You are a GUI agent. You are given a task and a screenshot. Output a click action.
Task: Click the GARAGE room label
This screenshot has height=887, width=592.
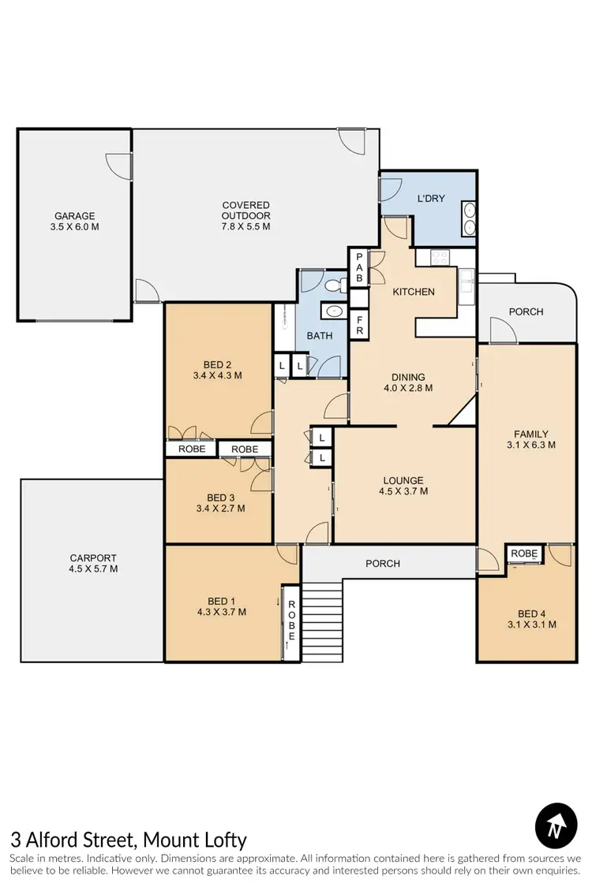point(74,215)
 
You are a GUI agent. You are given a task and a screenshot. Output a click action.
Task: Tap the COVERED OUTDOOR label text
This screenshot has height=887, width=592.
point(246,205)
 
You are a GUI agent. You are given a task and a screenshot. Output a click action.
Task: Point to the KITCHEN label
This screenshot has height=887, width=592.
point(414,292)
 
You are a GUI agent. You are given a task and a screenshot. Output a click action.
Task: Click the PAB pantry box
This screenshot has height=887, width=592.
point(358,266)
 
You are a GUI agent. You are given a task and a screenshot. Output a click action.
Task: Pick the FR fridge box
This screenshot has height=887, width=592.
point(358,325)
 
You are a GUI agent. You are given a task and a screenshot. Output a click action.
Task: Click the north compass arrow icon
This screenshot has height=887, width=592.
point(556,826)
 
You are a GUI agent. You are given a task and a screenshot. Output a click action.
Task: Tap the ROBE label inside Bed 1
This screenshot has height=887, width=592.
point(291,620)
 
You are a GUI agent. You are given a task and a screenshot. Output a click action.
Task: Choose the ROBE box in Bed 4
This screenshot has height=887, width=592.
point(523,553)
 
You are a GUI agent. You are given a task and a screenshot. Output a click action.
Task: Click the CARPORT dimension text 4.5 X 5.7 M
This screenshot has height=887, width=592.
point(93,568)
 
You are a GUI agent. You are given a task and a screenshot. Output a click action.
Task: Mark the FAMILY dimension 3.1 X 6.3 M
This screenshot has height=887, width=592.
point(530,445)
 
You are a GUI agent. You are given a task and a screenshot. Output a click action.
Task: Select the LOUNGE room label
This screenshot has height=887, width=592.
point(403,480)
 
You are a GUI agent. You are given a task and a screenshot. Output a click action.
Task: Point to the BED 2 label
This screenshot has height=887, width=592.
point(217,364)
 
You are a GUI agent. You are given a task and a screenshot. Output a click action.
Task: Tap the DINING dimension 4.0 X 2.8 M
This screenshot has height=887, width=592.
point(407,388)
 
